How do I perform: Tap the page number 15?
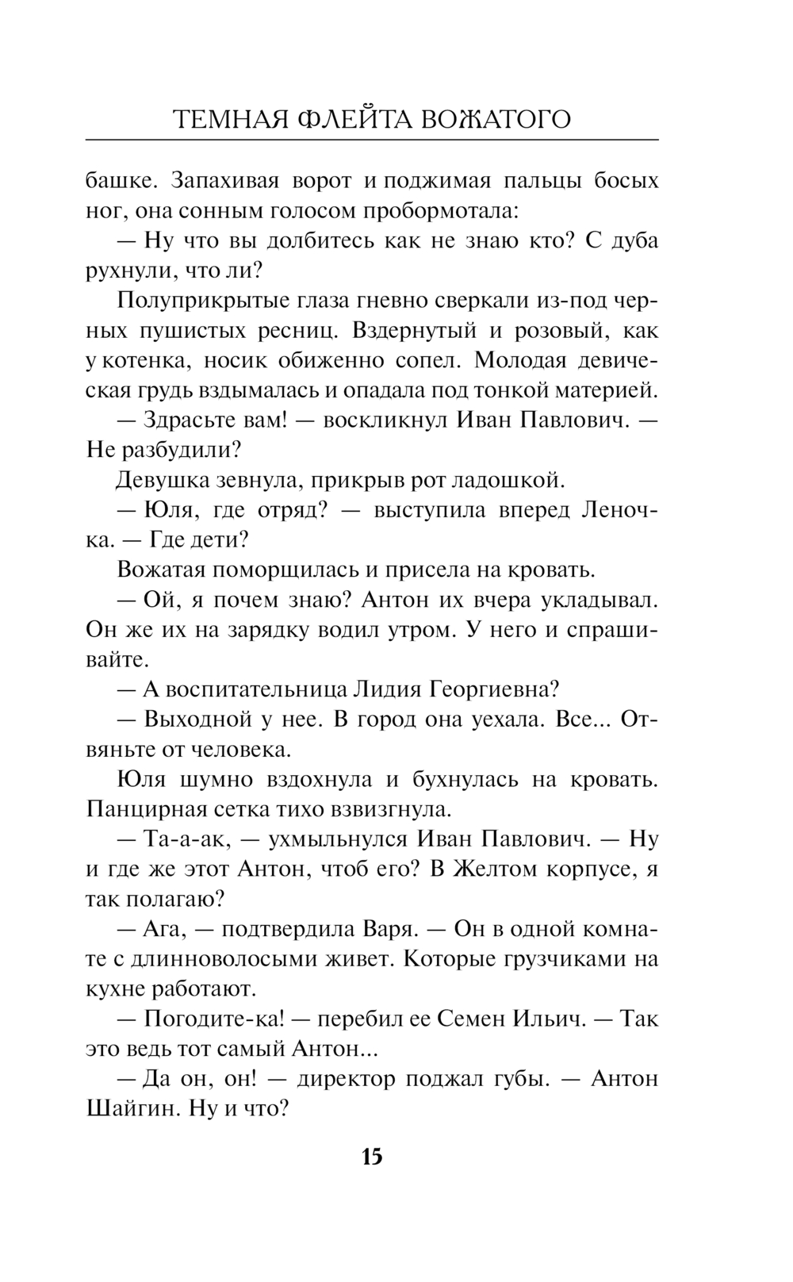(372, 1156)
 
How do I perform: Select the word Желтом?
(494, 869)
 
